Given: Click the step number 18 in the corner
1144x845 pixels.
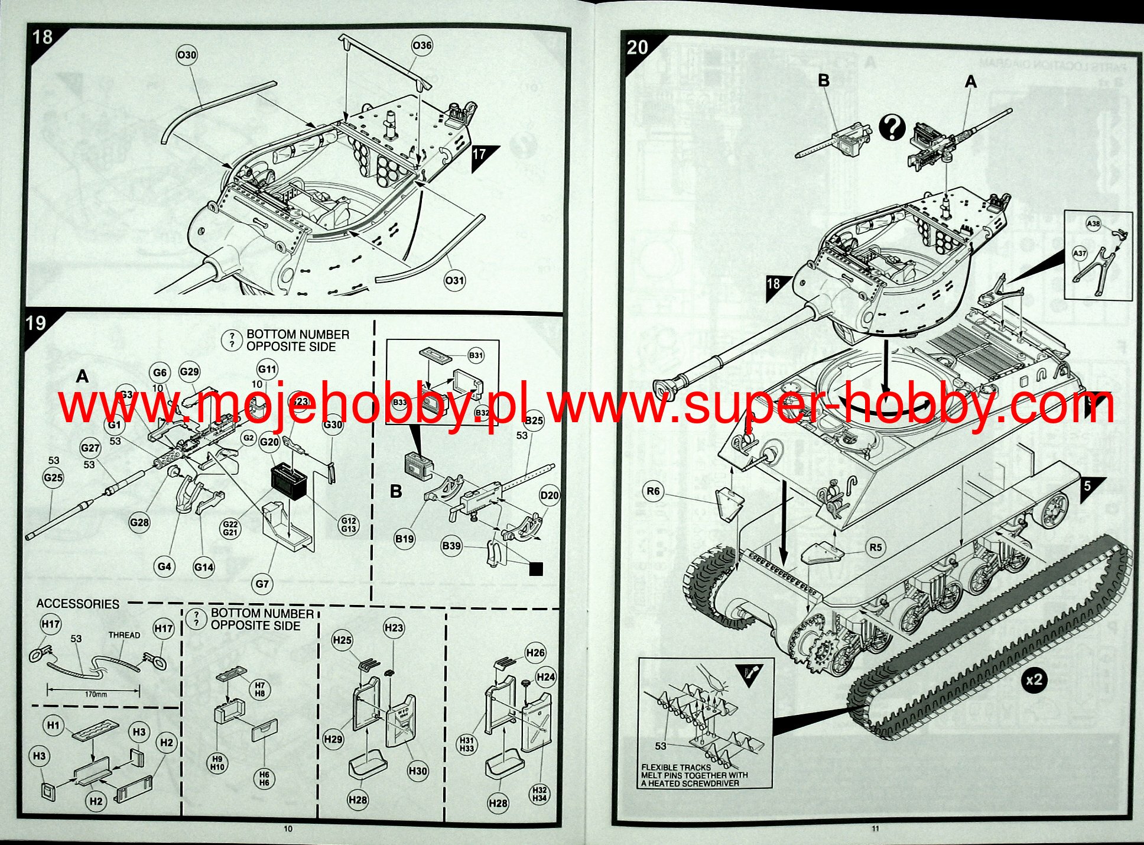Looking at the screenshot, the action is pyautogui.click(x=43, y=38).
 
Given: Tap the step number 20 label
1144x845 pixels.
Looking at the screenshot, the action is pyautogui.click(x=638, y=47).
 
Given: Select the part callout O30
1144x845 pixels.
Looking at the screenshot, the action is pyautogui.click(x=187, y=56).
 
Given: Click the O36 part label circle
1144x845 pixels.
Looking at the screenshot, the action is pyautogui.click(x=422, y=46).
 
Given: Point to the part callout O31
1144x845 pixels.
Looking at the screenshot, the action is pyautogui.click(x=454, y=280).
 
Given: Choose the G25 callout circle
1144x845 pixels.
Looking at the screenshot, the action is pyautogui.click(x=53, y=478).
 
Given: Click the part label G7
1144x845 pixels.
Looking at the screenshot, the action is pyautogui.click(x=262, y=584).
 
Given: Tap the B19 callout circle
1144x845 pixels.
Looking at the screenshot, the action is pyautogui.click(x=405, y=539).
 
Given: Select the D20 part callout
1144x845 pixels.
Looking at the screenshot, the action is pyautogui.click(x=550, y=496).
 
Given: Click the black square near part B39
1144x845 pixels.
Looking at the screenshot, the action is pyautogui.click(x=536, y=569).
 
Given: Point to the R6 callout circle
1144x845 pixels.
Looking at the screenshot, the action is pyautogui.click(x=653, y=491).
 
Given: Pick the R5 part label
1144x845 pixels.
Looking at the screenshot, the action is pyautogui.click(x=875, y=548).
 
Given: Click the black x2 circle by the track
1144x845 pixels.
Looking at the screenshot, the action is pyautogui.click(x=1034, y=681).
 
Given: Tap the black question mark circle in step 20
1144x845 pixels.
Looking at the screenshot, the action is pyautogui.click(x=892, y=128).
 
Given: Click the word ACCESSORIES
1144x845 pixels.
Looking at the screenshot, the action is pyautogui.click(x=78, y=604).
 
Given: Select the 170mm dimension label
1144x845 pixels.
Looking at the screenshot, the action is pyautogui.click(x=95, y=694).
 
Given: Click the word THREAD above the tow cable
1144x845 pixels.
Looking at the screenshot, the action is pyautogui.click(x=124, y=635).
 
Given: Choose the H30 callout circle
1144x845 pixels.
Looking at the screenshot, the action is pyautogui.click(x=418, y=771).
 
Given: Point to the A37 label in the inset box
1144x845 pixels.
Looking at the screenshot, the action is pyautogui.click(x=1080, y=254).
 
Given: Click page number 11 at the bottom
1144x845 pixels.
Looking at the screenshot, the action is pyautogui.click(x=875, y=828).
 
